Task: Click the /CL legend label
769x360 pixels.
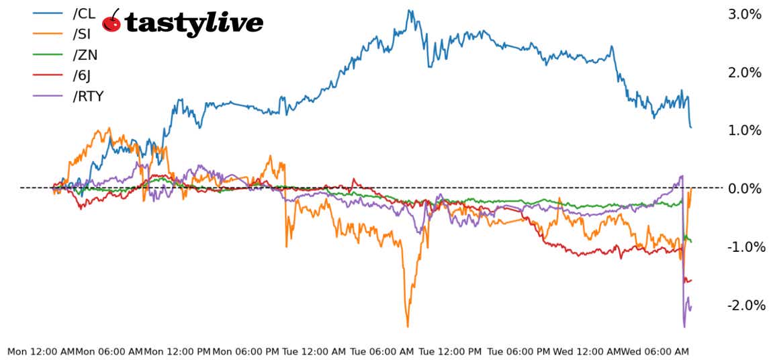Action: pos(84,13)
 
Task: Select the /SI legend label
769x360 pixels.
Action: pos(83,34)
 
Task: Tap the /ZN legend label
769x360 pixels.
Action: pos(85,54)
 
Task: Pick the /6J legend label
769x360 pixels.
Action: pos(83,75)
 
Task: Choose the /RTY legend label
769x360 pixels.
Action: pos(88,96)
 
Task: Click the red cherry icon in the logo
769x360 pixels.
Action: pos(111,21)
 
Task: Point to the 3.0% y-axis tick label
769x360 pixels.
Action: pos(744,14)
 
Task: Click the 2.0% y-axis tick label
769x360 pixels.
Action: pos(744,73)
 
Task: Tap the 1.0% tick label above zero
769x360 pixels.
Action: pos(744,130)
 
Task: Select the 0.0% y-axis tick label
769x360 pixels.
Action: pos(744,189)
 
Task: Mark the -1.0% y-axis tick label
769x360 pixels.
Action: pos(745,247)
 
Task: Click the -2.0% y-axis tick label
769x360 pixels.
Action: pos(745,306)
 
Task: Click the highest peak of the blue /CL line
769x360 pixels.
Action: pos(410,10)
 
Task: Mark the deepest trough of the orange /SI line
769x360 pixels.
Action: pos(408,326)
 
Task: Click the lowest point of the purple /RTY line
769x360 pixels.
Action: pos(684,326)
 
